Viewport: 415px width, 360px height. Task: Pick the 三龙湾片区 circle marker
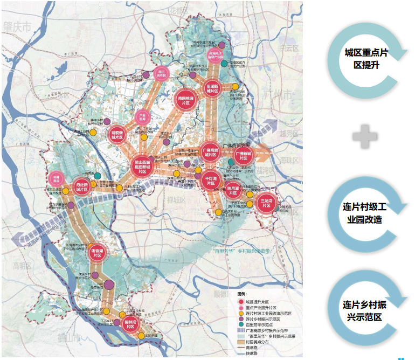(x=266, y=204)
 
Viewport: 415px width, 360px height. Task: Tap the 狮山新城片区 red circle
(x=117, y=134)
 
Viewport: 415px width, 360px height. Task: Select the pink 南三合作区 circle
(x=160, y=74)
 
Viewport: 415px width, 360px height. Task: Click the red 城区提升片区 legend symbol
(x=241, y=302)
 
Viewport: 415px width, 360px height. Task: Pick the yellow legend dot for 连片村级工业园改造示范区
(x=241, y=314)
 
